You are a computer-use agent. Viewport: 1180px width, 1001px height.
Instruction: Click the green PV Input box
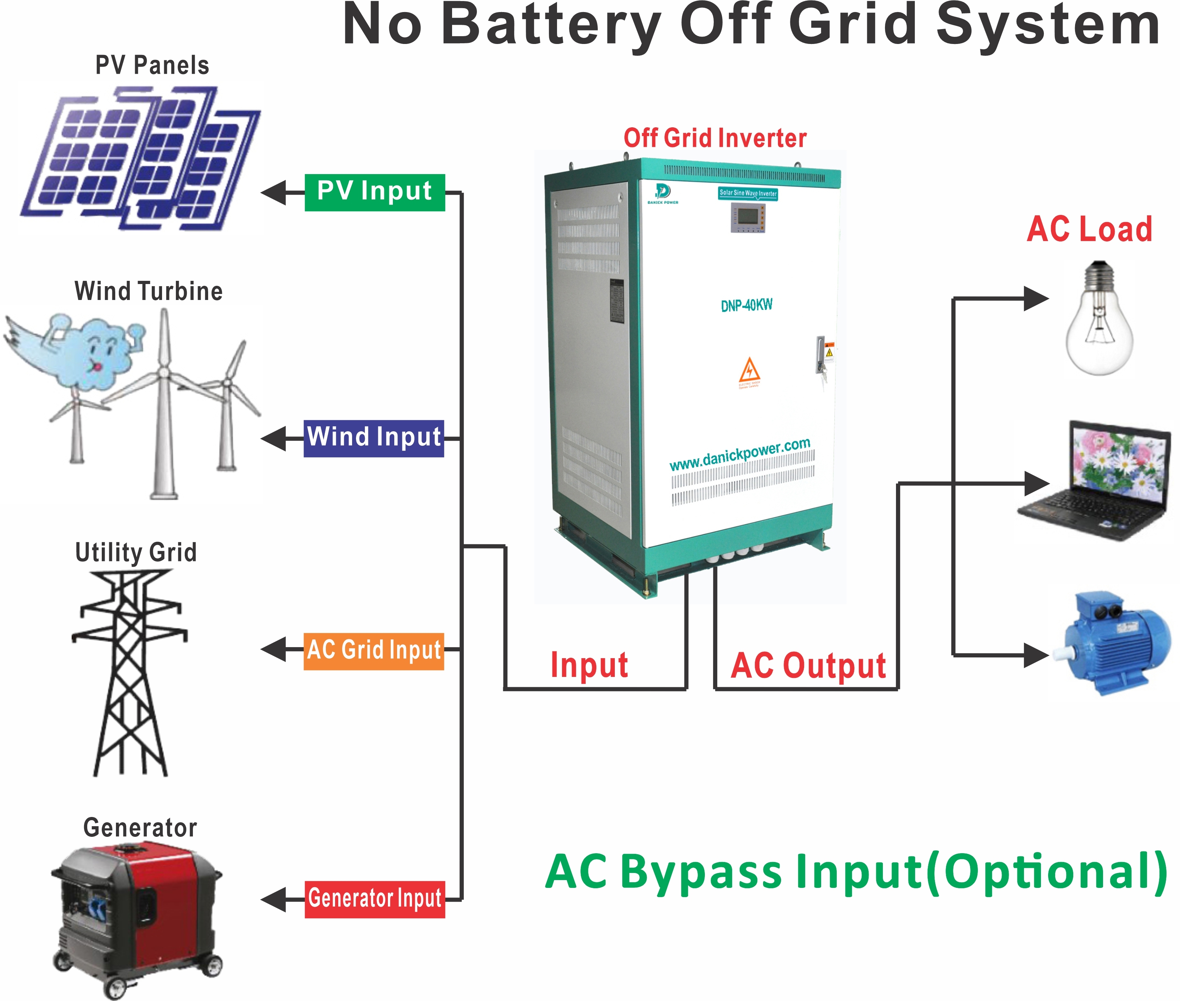(374, 193)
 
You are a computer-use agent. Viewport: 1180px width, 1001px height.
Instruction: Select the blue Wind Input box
(373, 438)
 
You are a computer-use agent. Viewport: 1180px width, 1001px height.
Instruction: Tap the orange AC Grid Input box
(373, 651)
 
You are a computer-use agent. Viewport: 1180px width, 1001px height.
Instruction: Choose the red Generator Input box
(374, 899)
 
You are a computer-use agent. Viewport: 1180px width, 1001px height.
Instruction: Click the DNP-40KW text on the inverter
(747, 305)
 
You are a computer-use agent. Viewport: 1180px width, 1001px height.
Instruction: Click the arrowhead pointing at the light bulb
(1036, 299)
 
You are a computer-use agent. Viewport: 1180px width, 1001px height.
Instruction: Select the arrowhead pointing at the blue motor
(1036, 655)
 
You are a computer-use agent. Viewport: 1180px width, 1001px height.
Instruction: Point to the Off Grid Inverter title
(715, 138)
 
